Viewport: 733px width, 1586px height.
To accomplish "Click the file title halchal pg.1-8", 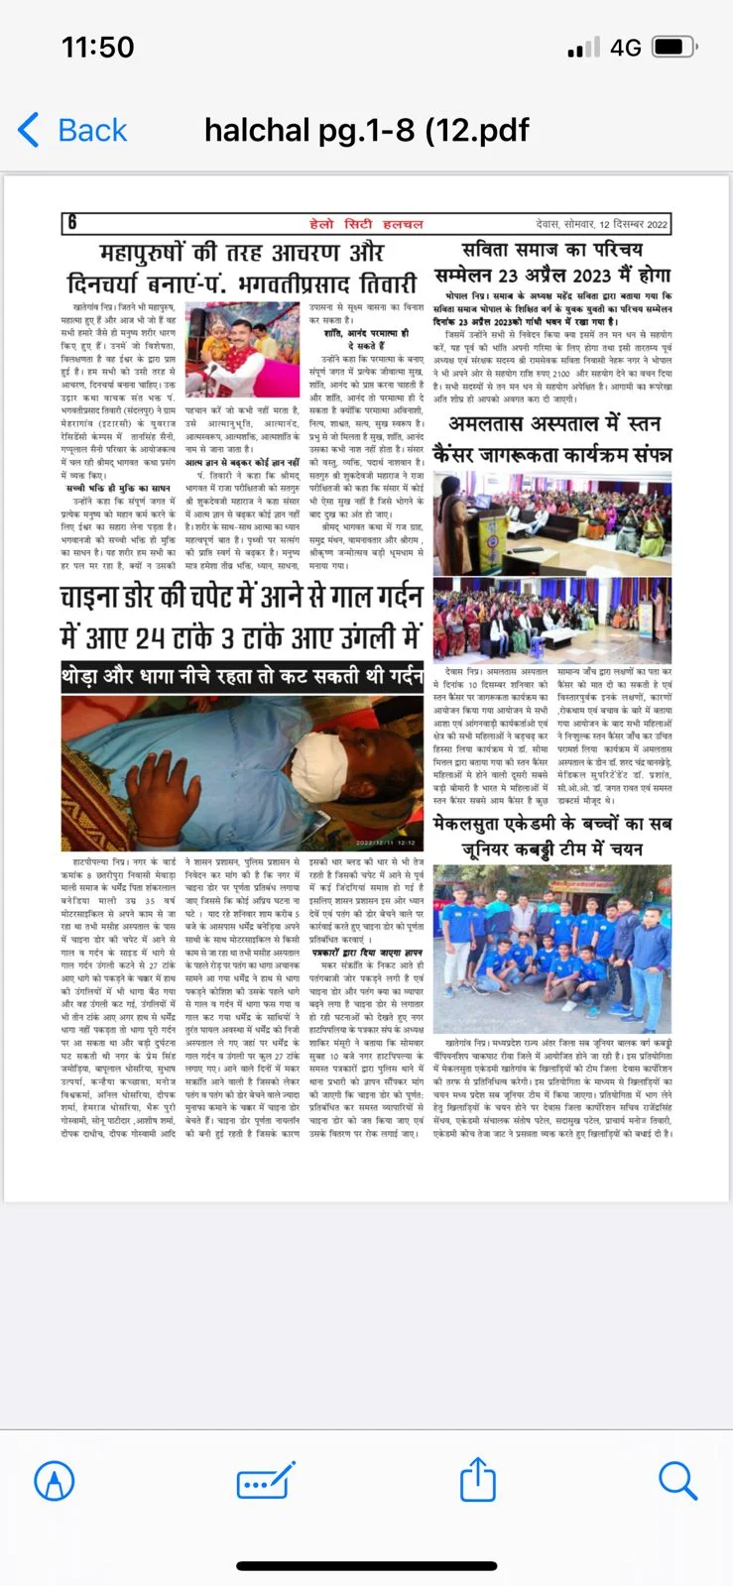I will pos(366,130).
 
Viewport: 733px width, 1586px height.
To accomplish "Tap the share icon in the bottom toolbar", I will pos(478,1481).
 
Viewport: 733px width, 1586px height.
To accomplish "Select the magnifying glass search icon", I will pos(678,1481).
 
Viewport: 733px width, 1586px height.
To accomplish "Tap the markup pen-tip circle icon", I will pos(55,1481).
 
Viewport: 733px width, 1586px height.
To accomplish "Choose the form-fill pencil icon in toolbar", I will pos(266,1481).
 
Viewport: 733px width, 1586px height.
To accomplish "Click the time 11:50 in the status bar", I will pos(97,47).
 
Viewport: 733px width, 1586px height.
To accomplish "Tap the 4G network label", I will pos(625,47).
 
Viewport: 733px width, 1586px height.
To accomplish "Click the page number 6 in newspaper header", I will pos(71,223).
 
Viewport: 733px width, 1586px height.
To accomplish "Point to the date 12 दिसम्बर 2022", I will pos(632,224).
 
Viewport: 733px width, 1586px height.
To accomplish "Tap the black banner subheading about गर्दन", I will pos(242,677).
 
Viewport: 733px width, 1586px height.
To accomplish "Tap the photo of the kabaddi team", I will pos(551,950).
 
